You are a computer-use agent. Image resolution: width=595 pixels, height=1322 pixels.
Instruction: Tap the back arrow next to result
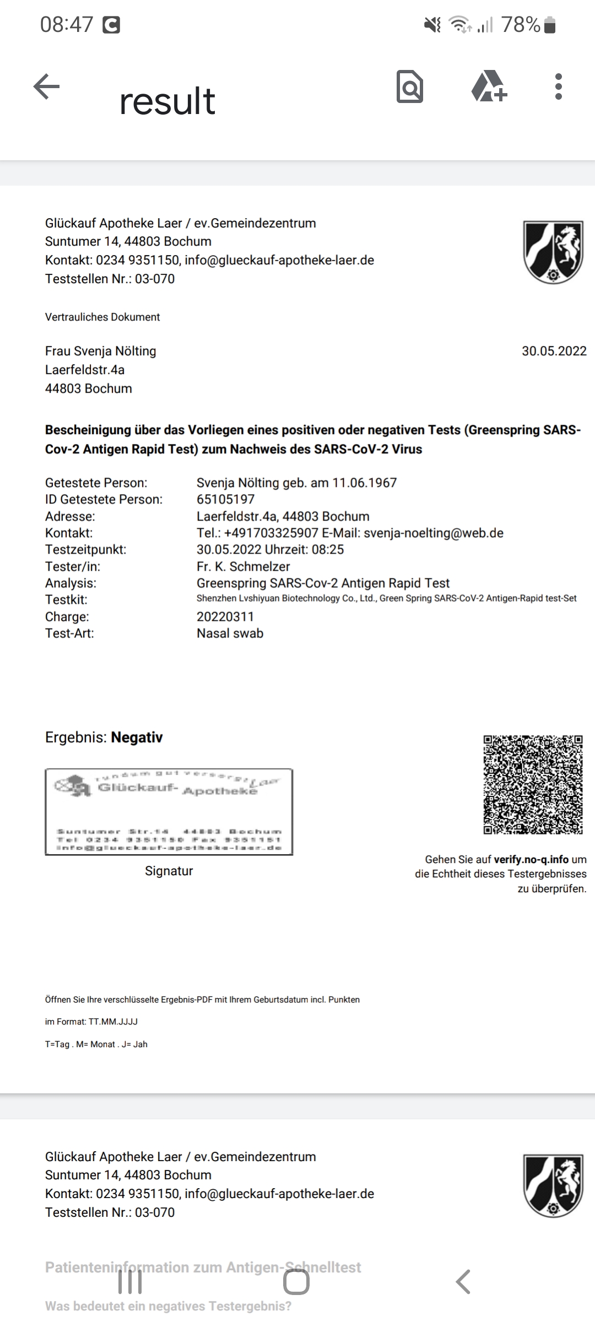click(46, 86)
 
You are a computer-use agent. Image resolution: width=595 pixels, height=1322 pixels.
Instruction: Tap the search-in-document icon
click(410, 86)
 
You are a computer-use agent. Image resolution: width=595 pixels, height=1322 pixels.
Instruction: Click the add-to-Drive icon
click(489, 86)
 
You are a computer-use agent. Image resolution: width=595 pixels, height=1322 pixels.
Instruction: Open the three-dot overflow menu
click(559, 86)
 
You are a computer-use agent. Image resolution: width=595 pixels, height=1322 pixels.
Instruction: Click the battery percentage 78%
click(521, 25)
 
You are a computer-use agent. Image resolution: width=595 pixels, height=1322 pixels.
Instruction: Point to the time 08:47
click(67, 25)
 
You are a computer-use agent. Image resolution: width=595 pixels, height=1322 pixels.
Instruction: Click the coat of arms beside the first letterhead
click(553, 252)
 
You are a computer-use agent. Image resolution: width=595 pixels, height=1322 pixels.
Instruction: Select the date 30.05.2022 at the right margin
click(554, 351)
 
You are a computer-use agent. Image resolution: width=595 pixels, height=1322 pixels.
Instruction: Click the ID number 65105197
click(225, 500)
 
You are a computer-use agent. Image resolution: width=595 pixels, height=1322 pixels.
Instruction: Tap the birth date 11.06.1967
click(364, 483)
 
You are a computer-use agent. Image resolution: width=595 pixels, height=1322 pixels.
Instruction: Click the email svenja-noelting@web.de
click(434, 533)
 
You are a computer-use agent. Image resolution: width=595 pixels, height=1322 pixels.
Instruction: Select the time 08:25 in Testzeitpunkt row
click(329, 550)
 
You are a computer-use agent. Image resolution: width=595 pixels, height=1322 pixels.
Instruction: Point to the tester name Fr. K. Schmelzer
click(243, 566)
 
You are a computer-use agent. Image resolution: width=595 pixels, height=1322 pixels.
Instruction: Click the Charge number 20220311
click(225, 617)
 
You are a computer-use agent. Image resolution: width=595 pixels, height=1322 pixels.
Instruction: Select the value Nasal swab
click(230, 633)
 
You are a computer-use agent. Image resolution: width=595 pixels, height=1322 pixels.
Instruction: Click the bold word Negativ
click(137, 738)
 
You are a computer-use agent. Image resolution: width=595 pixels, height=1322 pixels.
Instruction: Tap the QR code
click(533, 784)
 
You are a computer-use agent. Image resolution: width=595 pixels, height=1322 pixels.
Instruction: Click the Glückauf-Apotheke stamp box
click(169, 812)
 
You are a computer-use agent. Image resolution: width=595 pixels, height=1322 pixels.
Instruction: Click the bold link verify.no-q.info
click(531, 859)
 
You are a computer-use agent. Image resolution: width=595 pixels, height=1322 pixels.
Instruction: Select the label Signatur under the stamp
click(169, 871)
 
